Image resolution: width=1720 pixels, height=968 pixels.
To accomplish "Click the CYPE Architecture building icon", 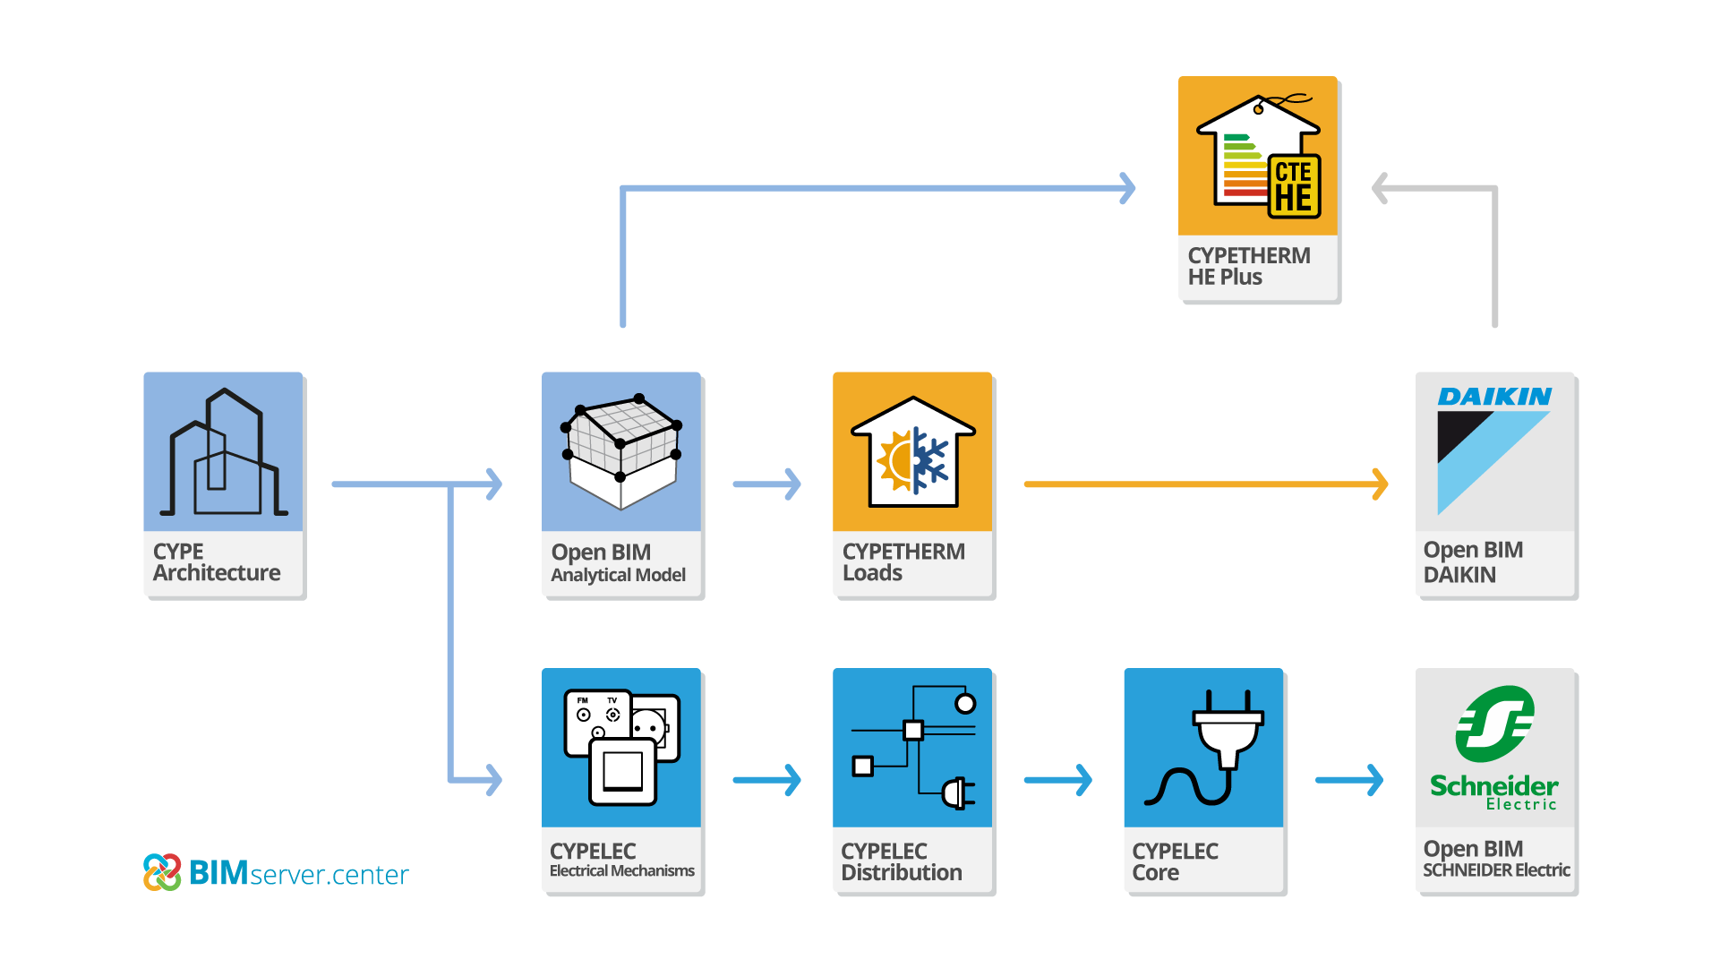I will (223, 452).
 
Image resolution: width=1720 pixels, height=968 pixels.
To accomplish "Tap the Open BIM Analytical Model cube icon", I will (621, 451).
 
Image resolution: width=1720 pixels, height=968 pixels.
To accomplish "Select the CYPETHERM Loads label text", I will (903, 562).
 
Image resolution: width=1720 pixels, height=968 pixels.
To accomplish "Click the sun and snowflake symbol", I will (913, 460).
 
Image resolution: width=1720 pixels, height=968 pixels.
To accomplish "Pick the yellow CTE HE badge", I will (1294, 185).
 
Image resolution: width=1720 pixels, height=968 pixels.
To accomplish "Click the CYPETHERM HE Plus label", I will (1249, 266).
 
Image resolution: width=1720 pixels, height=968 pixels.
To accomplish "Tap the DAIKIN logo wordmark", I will (1494, 397).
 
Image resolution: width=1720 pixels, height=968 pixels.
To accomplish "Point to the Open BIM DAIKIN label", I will (1473, 562).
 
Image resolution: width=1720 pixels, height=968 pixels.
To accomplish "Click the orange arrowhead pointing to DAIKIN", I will (1380, 484).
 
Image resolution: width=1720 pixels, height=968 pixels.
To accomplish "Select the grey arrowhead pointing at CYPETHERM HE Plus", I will (1380, 189).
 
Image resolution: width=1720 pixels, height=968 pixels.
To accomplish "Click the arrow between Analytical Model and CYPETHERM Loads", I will (767, 484).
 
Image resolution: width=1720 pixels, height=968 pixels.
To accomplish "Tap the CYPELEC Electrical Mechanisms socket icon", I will (621, 747).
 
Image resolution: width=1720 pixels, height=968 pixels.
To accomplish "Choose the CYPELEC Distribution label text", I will (901, 861).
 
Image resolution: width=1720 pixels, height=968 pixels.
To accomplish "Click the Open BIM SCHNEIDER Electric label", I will (1495, 859).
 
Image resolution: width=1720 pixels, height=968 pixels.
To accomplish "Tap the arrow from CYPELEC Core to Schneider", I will (1349, 780).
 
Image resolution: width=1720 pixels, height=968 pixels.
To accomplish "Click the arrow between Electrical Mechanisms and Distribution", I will (767, 780).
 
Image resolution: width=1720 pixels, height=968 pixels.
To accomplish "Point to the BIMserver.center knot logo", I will (162, 872).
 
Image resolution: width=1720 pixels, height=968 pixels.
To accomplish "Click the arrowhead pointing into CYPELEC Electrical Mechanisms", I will (494, 779).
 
